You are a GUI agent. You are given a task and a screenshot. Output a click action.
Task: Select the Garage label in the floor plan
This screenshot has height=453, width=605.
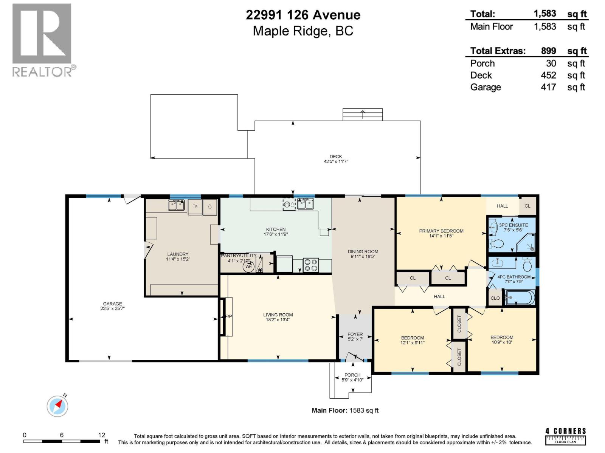(x=113, y=304)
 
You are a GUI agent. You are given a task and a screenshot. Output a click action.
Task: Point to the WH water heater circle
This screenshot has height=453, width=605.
(x=248, y=267)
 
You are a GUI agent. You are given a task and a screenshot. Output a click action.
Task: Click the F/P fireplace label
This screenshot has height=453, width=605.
(x=228, y=316)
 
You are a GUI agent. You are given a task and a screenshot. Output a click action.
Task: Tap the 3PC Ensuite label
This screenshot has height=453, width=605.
(x=513, y=225)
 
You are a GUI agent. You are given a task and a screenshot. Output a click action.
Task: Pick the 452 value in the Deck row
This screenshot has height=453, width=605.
(x=548, y=75)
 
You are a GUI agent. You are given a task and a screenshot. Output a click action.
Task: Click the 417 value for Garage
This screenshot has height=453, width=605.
(x=548, y=87)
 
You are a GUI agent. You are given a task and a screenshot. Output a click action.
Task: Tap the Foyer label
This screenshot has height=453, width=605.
(x=355, y=334)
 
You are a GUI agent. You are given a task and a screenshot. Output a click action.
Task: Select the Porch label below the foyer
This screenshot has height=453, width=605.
(x=352, y=375)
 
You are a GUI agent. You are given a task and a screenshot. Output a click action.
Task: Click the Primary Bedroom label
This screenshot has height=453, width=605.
(x=441, y=231)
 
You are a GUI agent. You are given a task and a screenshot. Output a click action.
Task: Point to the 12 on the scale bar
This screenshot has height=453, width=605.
(x=101, y=435)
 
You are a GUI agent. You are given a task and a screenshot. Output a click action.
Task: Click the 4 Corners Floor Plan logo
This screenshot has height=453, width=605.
(x=566, y=436)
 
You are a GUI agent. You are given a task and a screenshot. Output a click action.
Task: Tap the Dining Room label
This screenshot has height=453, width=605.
(x=363, y=251)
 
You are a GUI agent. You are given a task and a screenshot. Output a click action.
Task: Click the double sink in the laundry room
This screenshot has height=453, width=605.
(x=176, y=205)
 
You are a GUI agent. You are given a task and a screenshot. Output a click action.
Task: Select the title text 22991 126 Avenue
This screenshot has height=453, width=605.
(x=303, y=15)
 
